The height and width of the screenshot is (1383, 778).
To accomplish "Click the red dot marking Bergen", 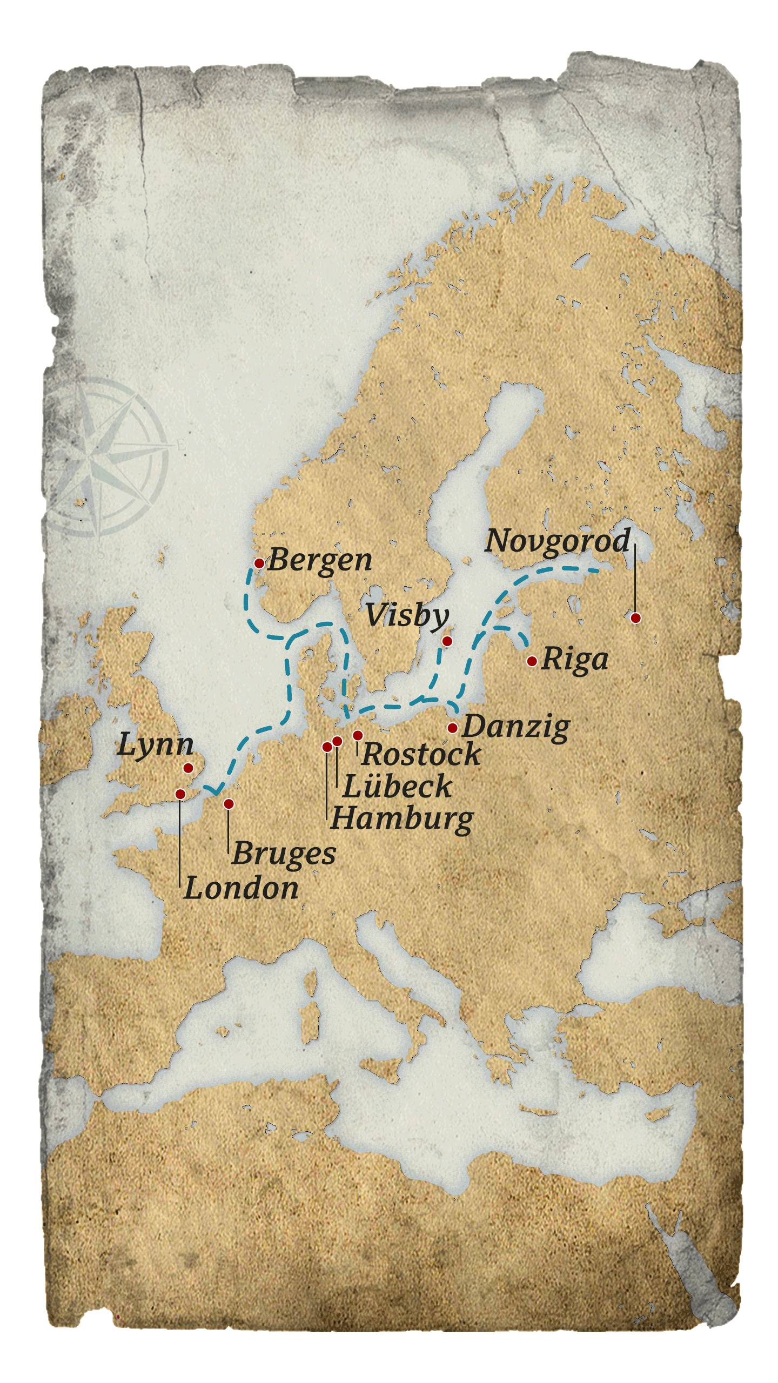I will (x=259, y=563).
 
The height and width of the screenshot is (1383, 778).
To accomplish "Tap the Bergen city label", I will (x=320, y=560).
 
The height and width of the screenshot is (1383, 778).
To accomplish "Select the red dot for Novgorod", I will (x=635, y=617).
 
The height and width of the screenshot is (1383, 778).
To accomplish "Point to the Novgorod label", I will (x=558, y=541).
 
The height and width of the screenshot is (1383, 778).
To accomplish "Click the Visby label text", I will (x=407, y=616).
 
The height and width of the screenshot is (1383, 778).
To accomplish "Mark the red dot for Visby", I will (x=447, y=641).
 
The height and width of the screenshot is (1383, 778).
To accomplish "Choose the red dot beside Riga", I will (x=532, y=661).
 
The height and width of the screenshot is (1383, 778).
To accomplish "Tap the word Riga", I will (x=574, y=660).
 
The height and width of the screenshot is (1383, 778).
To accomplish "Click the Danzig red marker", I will (x=452, y=728).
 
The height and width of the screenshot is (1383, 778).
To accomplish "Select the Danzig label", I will (x=515, y=727).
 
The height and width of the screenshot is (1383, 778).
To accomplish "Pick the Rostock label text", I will (x=421, y=754).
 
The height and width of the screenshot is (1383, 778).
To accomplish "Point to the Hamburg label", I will (x=402, y=819).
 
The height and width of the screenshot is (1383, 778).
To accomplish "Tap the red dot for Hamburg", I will (x=327, y=747).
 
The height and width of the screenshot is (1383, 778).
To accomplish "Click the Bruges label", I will (x=284, y=854).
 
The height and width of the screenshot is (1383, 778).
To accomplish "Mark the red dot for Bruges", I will (x=229, y=804).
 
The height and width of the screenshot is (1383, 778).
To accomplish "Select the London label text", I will (x=241, y=888).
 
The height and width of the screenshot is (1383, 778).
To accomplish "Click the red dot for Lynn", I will (x=188, y=768).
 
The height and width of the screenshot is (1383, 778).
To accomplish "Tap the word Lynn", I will (x=155, y=745).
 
